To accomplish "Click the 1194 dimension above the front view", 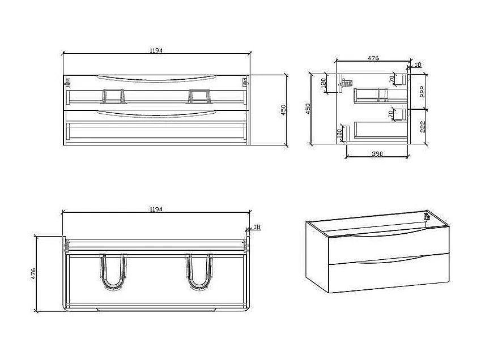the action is tap(156, 50).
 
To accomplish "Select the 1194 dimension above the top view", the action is tap(156, 209).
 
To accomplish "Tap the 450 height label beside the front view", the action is tap(284, 109).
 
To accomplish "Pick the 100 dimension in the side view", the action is tap(339, 134).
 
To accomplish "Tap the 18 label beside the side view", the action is tap(418, 65).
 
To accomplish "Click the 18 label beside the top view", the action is tap(256, 228).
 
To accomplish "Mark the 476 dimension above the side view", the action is tap(373, 57).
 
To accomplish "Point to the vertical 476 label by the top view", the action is tap(34, 274).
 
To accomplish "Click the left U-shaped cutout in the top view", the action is tap(113, 272).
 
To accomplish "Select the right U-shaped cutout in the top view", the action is tap(199, 272).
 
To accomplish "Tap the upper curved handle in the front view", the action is tap(156, 78).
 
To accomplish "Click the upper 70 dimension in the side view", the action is tap(391, 79).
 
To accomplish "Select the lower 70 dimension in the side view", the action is tap(391, 114).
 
